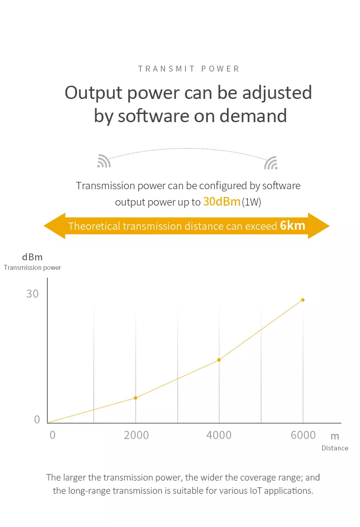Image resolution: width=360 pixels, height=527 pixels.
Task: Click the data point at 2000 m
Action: pos(136,398)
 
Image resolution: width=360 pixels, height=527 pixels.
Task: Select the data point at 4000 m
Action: pos(219,360)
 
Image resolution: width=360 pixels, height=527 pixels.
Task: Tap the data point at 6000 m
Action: pos(303,300)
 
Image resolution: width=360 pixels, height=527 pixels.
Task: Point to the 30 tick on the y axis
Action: pos(32,294)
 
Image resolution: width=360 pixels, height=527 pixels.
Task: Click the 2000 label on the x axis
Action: pos(136,435)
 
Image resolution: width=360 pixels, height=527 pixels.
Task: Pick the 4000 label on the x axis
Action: pos(219,435)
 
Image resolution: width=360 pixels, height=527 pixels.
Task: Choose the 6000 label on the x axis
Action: pos(303,435)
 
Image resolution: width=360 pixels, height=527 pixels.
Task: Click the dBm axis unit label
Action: pos(32,257)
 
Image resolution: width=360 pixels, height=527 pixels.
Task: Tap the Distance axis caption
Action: pos(335,448)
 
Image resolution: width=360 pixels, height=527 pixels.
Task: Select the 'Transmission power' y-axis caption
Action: pos(32,268)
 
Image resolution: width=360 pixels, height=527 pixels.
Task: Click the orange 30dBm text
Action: pos(221,201)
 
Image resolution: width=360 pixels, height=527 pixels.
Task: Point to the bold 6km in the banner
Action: pos(293,225)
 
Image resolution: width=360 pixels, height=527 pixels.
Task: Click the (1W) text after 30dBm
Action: pos(252,202)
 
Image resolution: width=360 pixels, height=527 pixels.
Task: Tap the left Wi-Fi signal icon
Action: pos(104,161)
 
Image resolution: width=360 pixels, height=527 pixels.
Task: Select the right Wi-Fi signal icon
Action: pos(271,163)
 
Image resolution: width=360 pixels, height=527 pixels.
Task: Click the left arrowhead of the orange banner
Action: pos(55,226)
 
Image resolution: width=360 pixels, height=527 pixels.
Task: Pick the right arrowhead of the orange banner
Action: pos(319,226)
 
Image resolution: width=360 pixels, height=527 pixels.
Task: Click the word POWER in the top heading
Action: pos(220,69)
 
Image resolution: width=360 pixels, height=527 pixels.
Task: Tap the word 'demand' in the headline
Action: pos(253,116)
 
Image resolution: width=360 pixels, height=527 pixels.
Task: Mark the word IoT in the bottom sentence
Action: pos(256,491)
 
